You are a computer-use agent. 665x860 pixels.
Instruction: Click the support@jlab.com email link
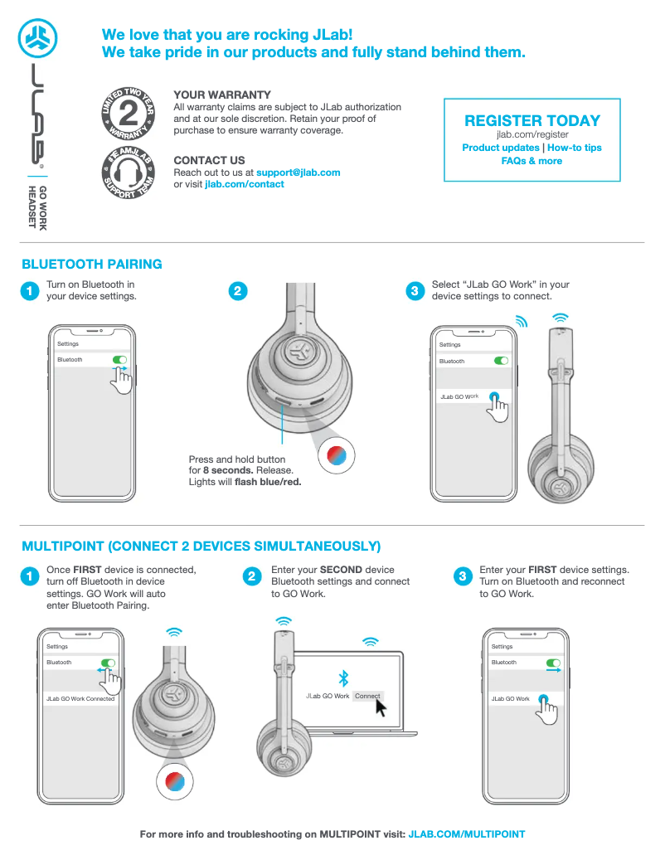[298, 172]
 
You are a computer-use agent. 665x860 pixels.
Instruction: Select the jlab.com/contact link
[244, 184]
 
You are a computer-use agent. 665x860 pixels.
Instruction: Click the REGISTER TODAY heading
[532, 120]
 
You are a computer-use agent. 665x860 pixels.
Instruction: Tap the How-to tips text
[575, 148]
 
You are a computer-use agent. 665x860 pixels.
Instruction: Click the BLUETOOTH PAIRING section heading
[92, 265]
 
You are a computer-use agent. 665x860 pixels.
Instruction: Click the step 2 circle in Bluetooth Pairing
[237, 291]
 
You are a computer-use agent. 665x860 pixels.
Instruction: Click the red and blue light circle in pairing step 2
[337, 455]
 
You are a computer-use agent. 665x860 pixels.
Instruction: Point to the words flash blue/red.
[267, 482]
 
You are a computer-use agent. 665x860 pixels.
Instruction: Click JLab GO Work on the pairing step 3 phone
[459, 397]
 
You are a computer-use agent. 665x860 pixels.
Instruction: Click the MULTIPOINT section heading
[201, 547]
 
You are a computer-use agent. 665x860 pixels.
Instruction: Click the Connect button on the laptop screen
[367, 696]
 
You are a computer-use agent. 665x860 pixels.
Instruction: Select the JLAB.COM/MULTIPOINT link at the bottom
[467, 834]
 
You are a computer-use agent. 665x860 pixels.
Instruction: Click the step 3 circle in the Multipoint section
[463, 576]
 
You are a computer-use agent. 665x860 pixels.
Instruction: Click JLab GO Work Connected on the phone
[80, 699]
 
